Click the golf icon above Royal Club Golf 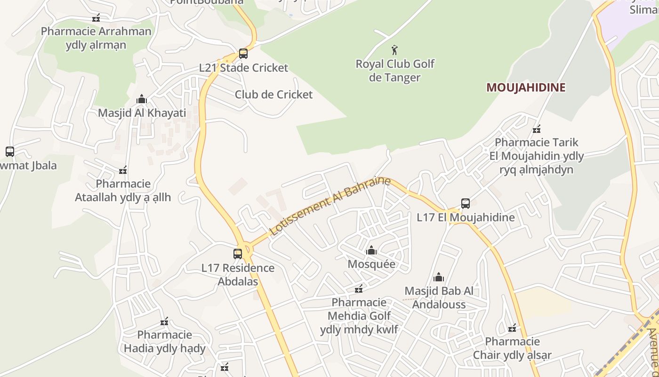coord(394,49)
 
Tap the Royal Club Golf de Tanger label coord(395,70)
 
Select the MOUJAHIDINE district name coord(526,87)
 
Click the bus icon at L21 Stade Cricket coord(243,54)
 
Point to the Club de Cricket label coord(273,94)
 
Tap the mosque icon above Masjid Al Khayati coord(142,99)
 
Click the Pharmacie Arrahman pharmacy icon coord(96,18)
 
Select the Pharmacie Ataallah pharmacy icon coord(123,170)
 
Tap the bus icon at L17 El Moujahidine coord(465,204)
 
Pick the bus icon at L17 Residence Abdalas coord(238,254)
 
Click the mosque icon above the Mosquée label coord(371,250)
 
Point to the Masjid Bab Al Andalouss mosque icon coord(439,277)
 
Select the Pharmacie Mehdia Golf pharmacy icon coord(359,288)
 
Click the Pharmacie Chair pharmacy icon coord(512,328)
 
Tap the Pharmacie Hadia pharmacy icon coord(164,321)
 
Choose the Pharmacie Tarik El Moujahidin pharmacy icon coord(536,129)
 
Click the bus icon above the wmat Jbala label coord(10,152)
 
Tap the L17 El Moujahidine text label coord(466,218)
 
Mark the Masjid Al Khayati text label coord(142,113)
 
